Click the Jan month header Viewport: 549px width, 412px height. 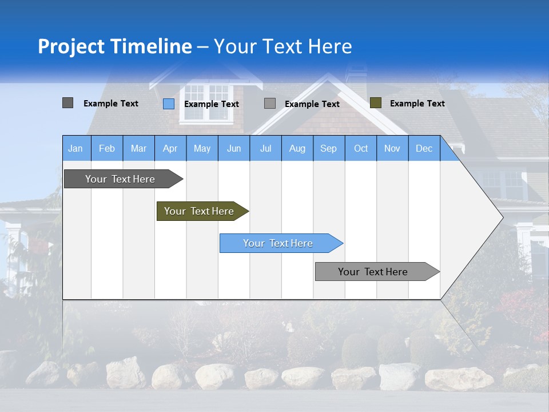click(76, 148)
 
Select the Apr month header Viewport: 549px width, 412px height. click(170, 148)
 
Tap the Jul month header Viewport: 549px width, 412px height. click(265, 148)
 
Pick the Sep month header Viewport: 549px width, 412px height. click(328, 148)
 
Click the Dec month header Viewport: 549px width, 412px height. click(424, 148)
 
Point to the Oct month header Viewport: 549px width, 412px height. click(361, 148)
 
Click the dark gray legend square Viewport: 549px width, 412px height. click(67, 103)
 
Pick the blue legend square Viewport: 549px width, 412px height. click(168, 104)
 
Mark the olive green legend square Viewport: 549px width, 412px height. click(375, 103)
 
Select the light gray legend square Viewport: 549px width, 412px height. click(270, 104)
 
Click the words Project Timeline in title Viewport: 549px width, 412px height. click(114, 46)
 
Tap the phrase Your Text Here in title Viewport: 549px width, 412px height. click(283, 46)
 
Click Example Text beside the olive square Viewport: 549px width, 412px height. click(417, 104)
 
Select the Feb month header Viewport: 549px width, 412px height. click(107, 148)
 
